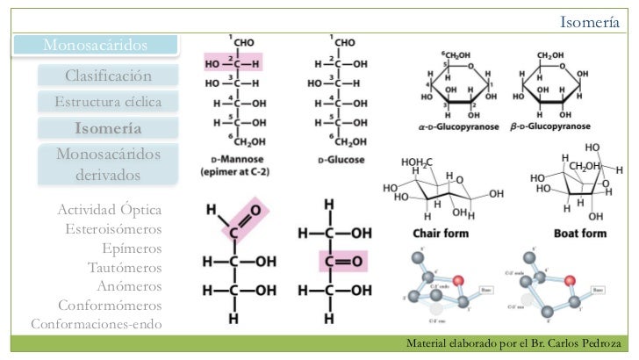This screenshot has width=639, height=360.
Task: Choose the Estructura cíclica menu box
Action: pyautogui.click(x=107, y=102)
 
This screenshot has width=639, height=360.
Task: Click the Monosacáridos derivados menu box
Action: pyautogui.click(x=107, y=164)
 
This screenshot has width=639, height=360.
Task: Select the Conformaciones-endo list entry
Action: pyautogui.click(x=97, y=324)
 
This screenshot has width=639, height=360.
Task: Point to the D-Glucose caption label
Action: pyautogui.click(x=339, y=161)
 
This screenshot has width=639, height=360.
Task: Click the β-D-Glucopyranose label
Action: pyautogui.click(x=550, y=126)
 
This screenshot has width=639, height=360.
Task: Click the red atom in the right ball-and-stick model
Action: pyautogui.click(x=570, y=280)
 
